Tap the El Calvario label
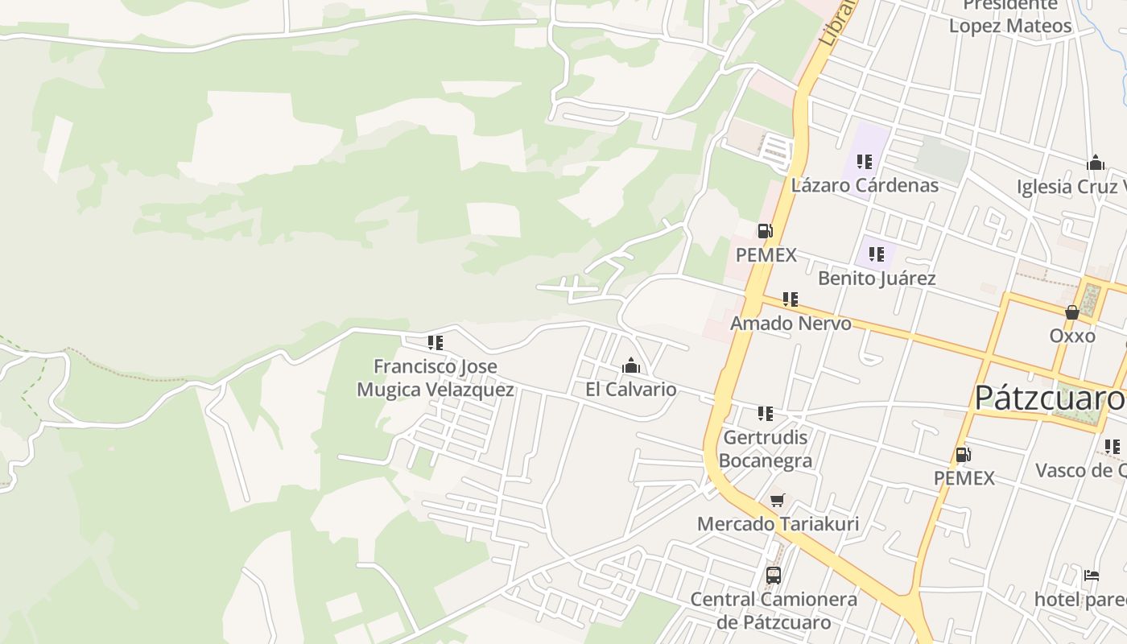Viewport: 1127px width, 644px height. tap(631, 390)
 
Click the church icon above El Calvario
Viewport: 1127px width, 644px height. tap(631, 366)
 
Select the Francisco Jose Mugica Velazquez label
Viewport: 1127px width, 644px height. tap(436, 378)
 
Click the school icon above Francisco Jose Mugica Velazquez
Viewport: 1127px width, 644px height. tap(436, 343)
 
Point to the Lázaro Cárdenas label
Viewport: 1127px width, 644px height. tap(865, 185)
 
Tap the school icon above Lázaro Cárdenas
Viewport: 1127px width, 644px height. tap(865, 162)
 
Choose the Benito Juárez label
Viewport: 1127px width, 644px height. tap(877, 279)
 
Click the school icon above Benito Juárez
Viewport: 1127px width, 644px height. tap(877, 255)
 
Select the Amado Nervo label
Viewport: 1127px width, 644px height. tap(791, 324)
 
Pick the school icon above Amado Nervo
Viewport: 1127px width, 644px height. tap(791, 299)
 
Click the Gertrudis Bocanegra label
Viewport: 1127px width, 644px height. tap(765, 449)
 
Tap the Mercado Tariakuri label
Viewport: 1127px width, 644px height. tap(778, 524)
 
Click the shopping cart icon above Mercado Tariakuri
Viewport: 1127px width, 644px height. tap(778, 501)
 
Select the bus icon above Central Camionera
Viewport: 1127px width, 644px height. tap(774, 576)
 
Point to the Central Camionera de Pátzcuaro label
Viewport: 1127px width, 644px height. tap(774, 611)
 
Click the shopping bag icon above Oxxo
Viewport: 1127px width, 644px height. tap(1072, 312)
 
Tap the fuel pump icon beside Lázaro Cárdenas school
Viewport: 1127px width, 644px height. tap(765, 232)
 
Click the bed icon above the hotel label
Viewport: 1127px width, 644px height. tap(1092, 576)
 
